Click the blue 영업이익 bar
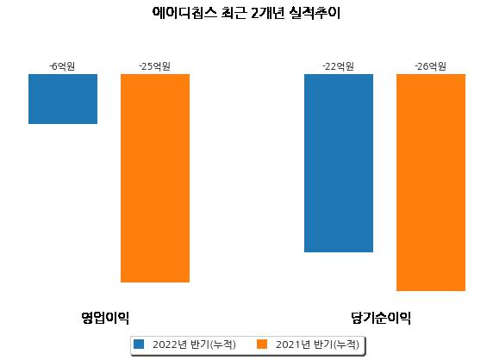63,99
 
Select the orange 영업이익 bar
155,178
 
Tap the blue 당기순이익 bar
339,163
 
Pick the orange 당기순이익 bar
431,183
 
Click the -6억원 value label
62,66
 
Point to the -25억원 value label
154,66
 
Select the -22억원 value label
339,66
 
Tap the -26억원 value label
430,66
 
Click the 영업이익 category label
105,318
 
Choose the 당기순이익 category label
381,318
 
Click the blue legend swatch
139,344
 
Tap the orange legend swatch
262,344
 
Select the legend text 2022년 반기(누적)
194,344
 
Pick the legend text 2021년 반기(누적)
317,344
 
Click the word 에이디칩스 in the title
184,13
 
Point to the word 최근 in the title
234,13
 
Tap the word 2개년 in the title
267,13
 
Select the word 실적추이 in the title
315,13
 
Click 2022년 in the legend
170,344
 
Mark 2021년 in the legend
293,344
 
